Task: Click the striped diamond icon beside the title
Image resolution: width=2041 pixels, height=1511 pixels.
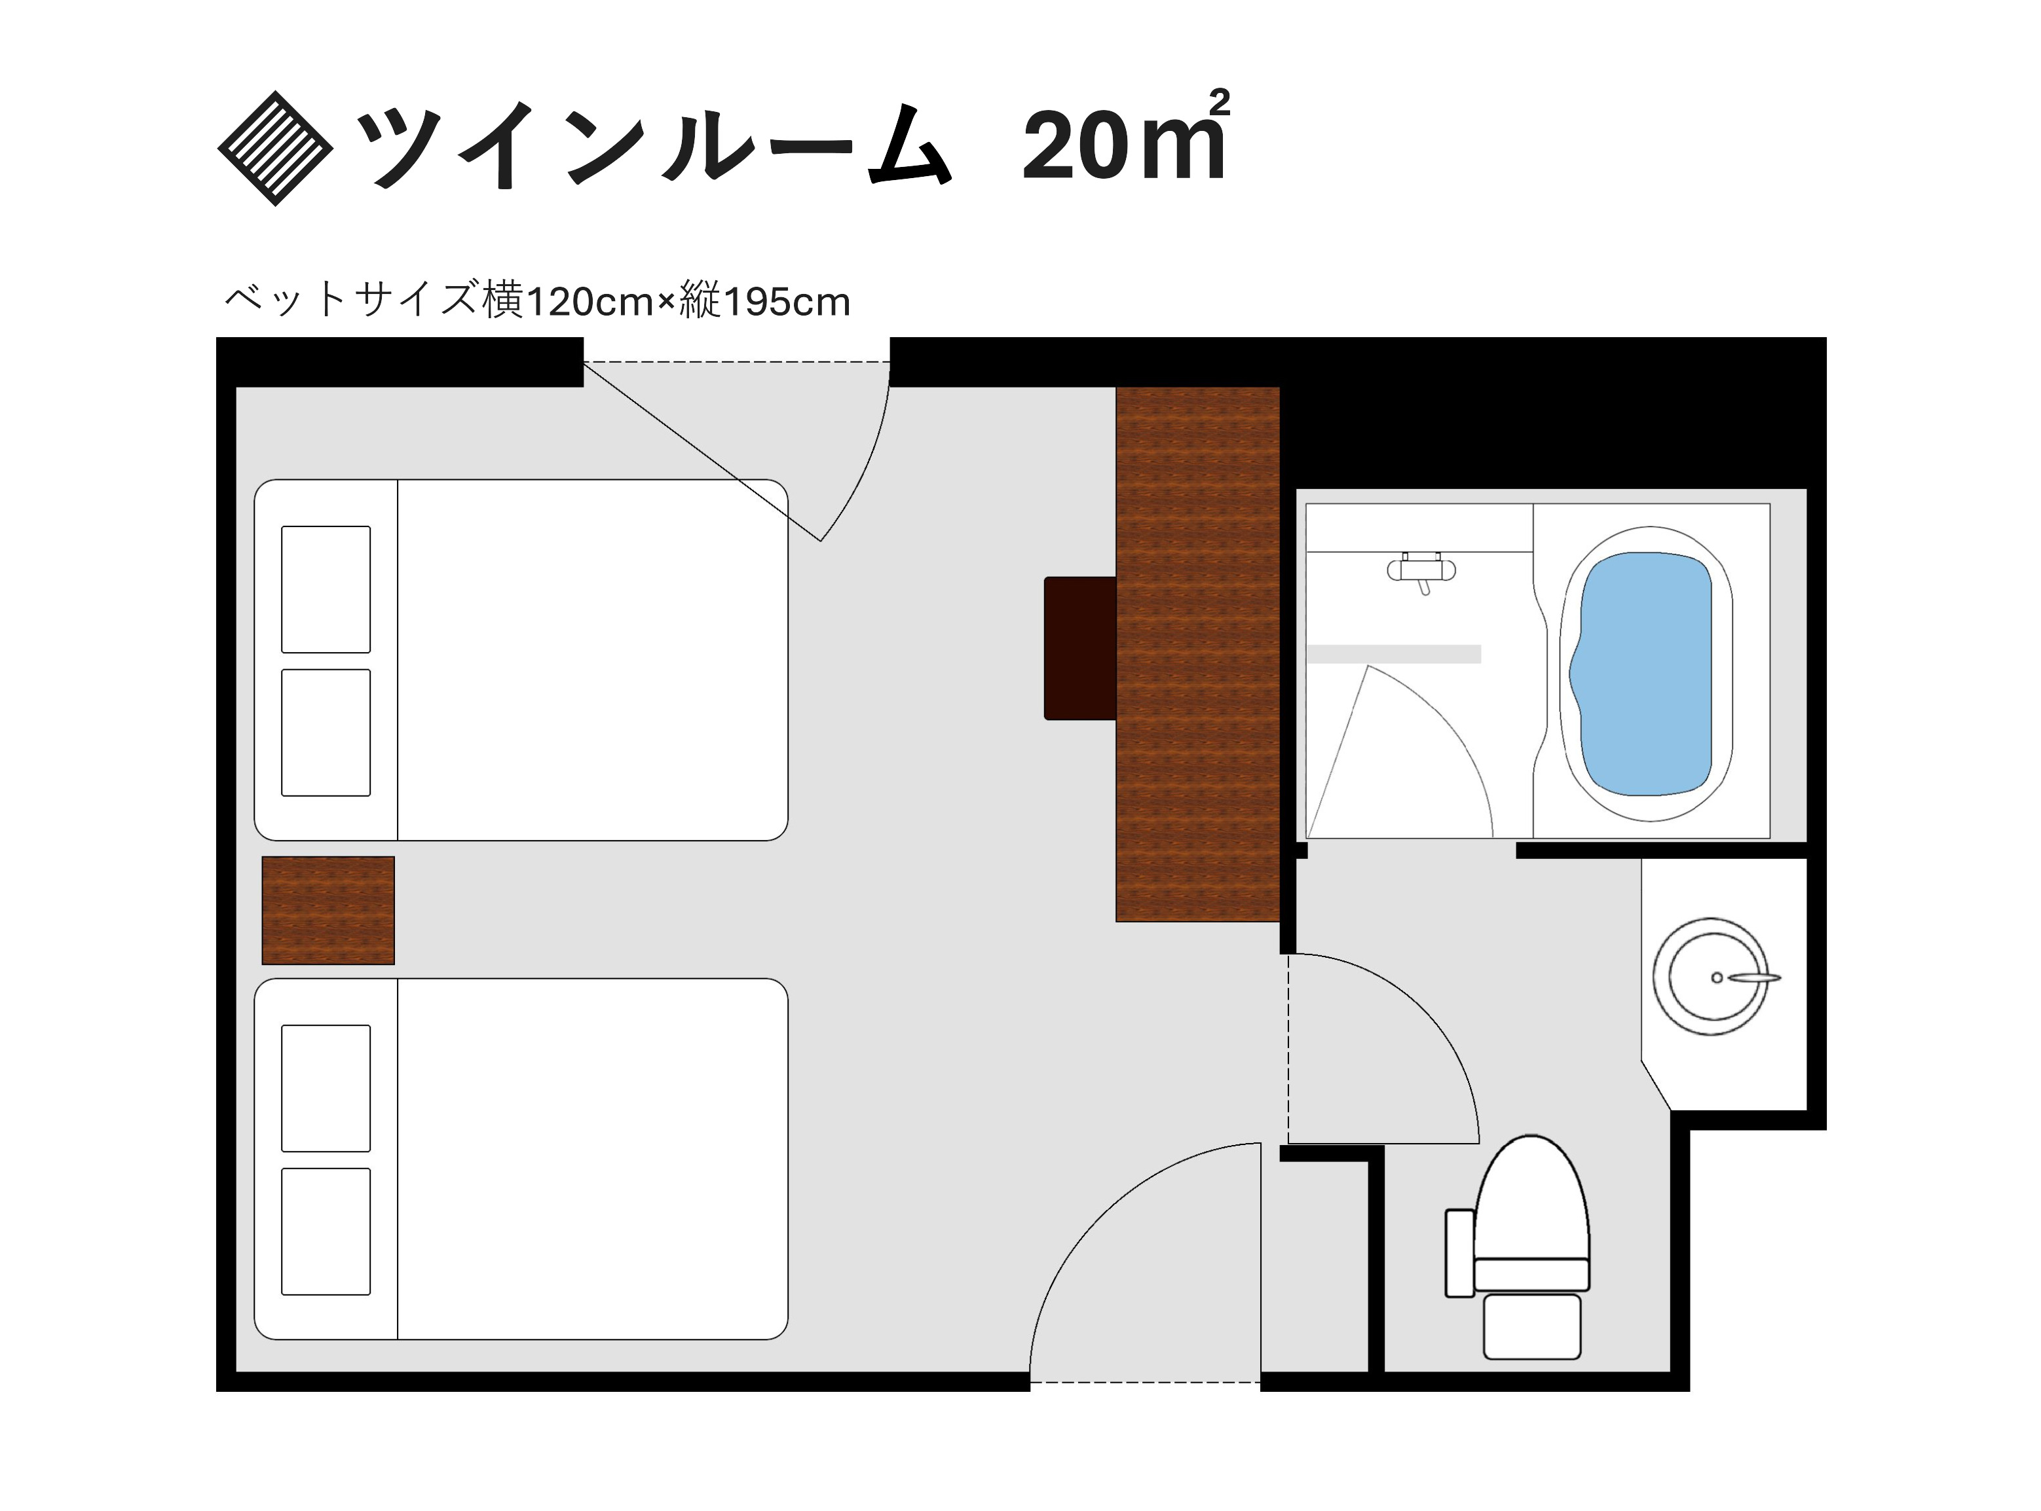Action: (274, 148)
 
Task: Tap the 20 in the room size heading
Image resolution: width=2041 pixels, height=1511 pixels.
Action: (1074, 147)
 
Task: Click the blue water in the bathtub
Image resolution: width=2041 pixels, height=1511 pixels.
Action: (1643, 673)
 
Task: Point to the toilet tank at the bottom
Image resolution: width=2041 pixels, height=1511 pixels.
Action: (1531, 1325)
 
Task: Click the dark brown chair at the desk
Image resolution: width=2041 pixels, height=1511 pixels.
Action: (1079, 647)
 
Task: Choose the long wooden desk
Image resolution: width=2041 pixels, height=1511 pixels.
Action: (1197, 653)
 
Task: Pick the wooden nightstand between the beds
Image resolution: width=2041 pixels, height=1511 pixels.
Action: (328, 910)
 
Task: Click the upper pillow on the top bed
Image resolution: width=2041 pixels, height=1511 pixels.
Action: (326, 589)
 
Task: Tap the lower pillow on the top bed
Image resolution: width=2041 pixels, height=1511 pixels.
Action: (326, 733)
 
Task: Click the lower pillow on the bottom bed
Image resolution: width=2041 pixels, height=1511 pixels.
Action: (326, 1231)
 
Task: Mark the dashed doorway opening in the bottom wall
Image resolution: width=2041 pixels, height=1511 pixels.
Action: (1144, 1382)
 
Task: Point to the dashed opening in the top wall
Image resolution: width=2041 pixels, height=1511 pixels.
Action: (736, 362)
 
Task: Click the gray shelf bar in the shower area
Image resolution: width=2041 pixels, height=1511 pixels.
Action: (1393, 654)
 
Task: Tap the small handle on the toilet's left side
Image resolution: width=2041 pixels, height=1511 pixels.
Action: (1459, 1252)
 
